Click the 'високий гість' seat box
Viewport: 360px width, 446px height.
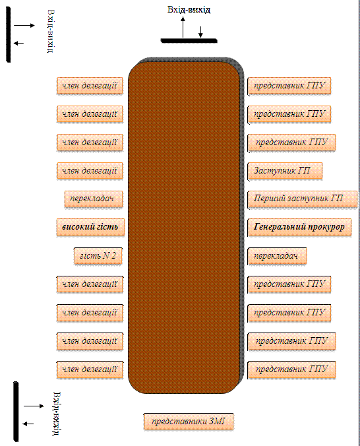click(90, 227)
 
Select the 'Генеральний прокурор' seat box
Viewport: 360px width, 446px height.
click(299, 227)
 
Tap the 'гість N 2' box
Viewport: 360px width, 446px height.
click(98, 256)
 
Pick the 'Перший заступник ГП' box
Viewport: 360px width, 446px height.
click(302, 199)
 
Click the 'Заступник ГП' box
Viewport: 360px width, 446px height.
click(285, 171)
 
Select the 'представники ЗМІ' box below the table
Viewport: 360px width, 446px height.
click(189, 421)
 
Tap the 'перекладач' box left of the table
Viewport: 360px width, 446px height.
click(94, 199)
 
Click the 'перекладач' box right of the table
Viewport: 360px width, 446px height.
click(277, 256)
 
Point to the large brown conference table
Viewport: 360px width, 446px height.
click(184, 228)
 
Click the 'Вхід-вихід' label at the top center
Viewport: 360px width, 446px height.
click(189, 10)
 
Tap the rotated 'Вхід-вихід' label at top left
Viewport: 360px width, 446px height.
click(51, 31)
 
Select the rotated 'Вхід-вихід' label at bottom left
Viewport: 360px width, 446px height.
click(57, 414)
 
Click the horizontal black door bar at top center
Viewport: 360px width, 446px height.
click(189, 41)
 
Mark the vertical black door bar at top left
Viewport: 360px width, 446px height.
click(9, 35)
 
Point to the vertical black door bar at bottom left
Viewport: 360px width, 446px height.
click(16, 412)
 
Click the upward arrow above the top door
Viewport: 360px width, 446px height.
click(183, 27)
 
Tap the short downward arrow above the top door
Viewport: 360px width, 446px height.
click(200, 32)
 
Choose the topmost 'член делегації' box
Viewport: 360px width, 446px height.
click(90, 86)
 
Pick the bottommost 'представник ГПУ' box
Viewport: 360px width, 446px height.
click(291, 369)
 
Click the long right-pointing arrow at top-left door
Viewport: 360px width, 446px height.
click(24, 25)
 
